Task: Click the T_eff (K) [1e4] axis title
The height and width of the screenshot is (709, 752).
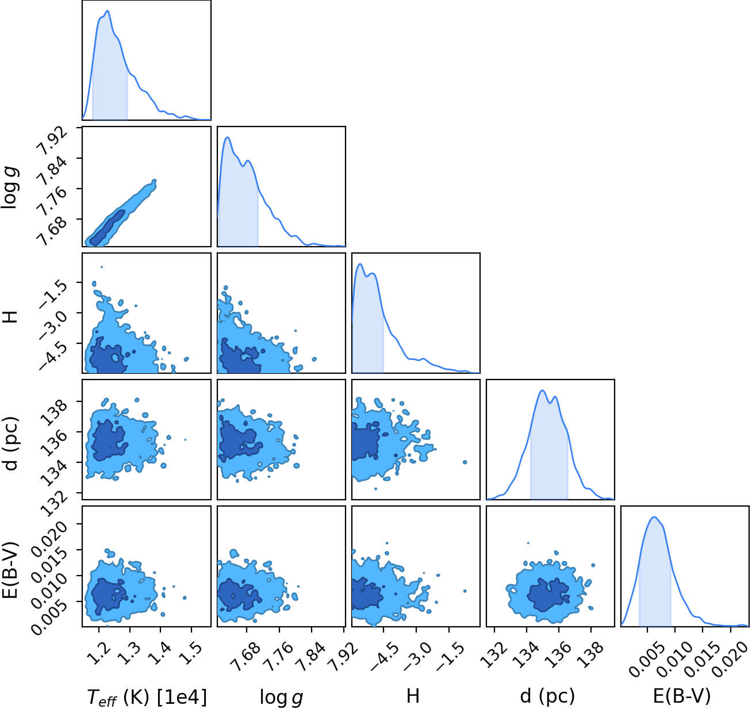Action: [x=147, y=696]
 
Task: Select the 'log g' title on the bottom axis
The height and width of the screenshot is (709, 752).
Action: [x=281, y=697]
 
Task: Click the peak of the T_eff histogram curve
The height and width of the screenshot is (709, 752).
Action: [x=108, y=10]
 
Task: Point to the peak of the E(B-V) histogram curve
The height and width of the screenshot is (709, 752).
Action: [x=654, y=517]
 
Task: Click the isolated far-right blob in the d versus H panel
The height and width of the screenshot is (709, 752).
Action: [x=465, y=462]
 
